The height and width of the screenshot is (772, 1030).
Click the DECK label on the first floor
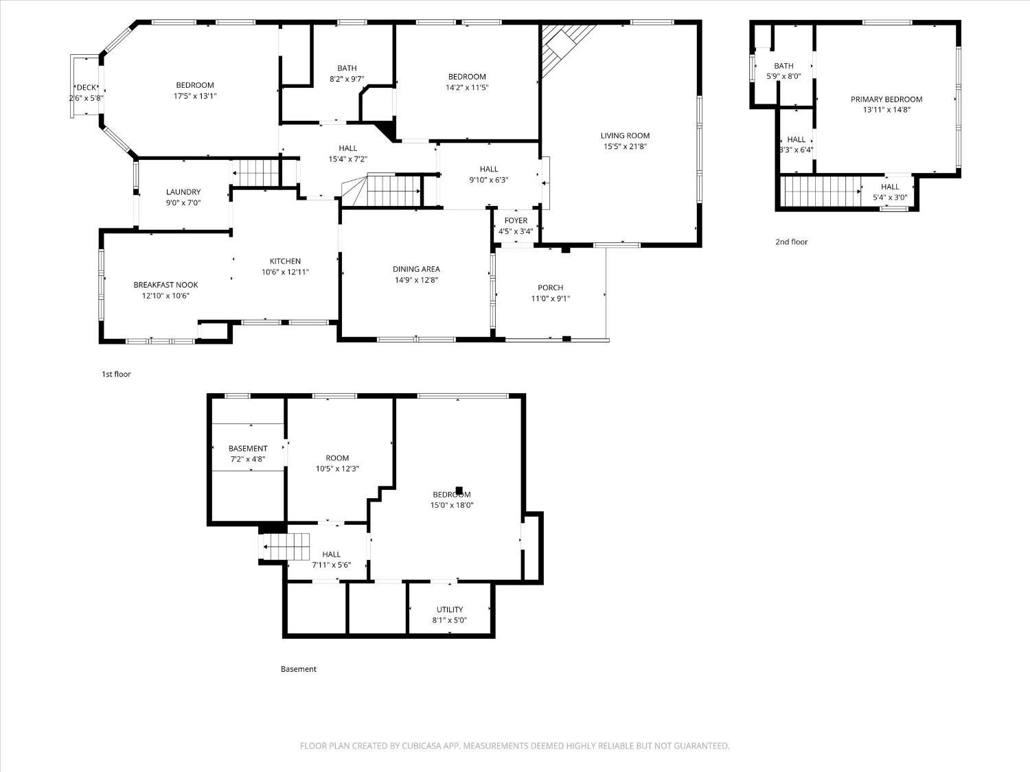pos(87,87)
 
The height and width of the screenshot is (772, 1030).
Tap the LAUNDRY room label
pos(183,192)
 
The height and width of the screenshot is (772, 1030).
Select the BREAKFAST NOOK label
pos(165,285)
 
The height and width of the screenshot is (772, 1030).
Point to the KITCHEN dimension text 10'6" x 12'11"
pos(285,272)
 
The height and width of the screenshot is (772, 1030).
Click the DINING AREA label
pos(416,269)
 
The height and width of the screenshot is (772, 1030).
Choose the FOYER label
pos(516,220)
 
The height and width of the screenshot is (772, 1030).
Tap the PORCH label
pos(550,288)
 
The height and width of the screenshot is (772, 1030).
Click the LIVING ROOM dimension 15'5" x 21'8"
pos(625,147)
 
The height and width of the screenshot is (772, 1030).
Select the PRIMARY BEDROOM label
pos(886,100)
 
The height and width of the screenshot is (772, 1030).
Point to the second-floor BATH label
pos(783,66)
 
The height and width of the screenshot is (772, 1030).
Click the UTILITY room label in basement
pos(450,609)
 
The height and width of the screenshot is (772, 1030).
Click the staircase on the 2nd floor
pos(822,191)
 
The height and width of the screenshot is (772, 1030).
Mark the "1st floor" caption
pos(116,374)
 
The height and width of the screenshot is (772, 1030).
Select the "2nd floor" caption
pos(792,242)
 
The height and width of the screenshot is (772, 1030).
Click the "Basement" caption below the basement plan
pos(299,669)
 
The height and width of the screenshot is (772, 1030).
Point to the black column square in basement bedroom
pos(459,491)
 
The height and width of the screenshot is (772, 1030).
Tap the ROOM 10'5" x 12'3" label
pos(337,458)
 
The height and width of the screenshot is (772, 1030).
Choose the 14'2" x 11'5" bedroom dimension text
pos(467,88)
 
